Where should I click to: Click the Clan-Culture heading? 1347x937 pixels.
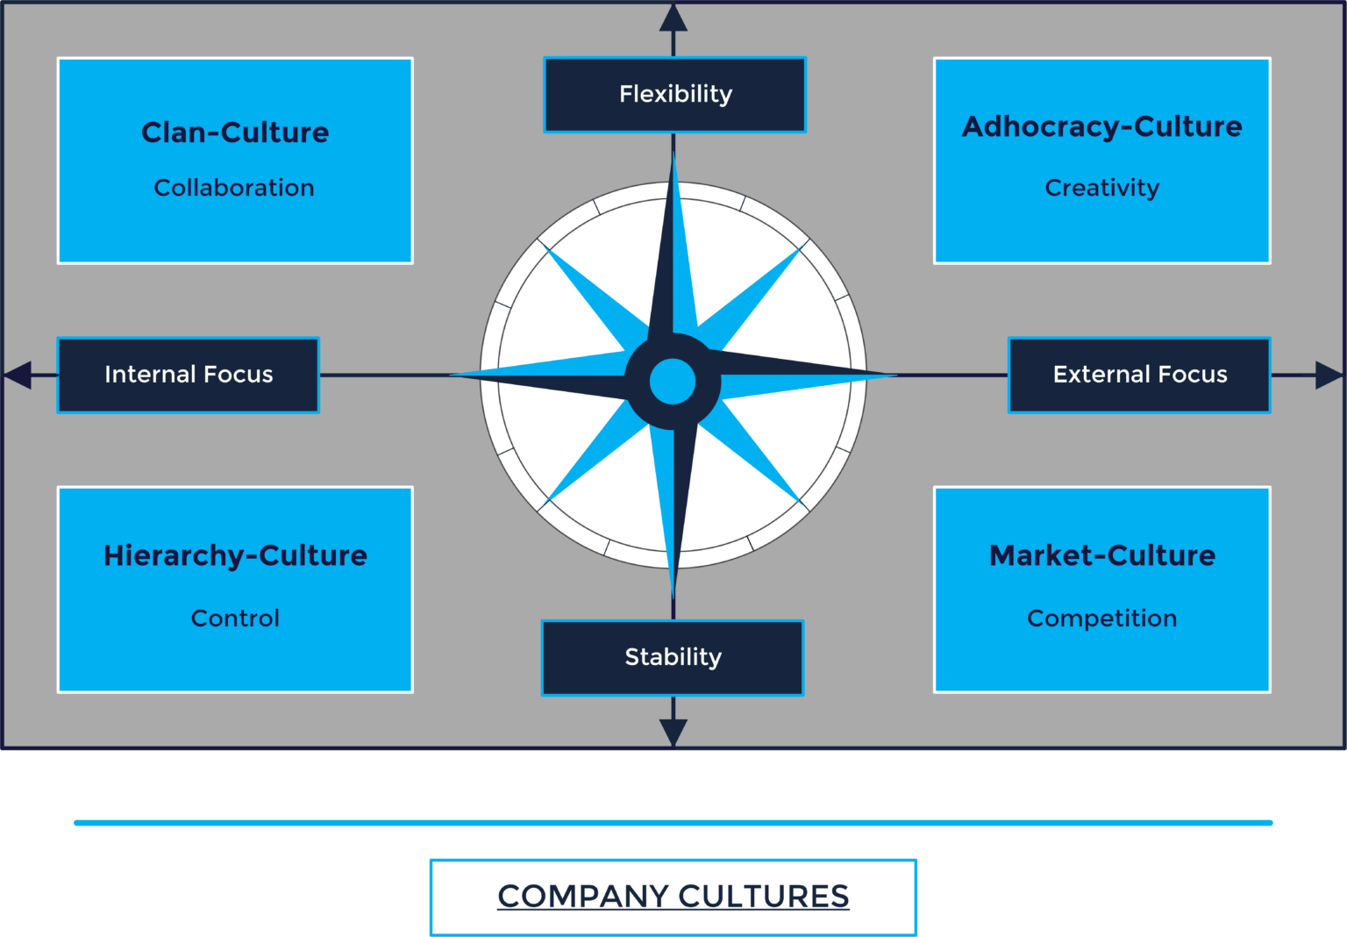pos(235,132)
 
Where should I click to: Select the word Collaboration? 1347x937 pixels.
pos(234,188)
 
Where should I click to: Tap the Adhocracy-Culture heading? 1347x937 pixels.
pos(1101,126)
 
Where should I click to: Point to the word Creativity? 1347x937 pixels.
pos(1101,188)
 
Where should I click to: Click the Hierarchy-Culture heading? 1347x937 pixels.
pos(235,555)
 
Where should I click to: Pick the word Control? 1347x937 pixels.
pos(235,619)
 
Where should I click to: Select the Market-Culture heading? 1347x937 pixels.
pos(1101,555)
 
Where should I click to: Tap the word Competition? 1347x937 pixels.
pos(1101,619)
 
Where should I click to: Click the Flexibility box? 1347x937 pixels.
pos(674,95)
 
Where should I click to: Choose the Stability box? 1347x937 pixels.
pos(673,658)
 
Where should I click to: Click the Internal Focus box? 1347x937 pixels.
pos(189,376)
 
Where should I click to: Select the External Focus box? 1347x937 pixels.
pos(1139,376)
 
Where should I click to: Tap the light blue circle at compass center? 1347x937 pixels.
pos(673,382)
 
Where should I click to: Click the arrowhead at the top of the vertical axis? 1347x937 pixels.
pos(673,18)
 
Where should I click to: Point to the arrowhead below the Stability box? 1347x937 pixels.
pos(673,733)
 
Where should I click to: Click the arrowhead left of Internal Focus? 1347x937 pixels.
pos(18,376)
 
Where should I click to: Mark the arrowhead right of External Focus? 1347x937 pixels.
pos(1329,376)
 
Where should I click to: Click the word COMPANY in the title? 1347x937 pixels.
pos(583,897)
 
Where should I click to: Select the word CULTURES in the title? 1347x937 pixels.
pos(764,897)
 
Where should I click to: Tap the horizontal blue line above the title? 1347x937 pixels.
pos(673,823)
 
